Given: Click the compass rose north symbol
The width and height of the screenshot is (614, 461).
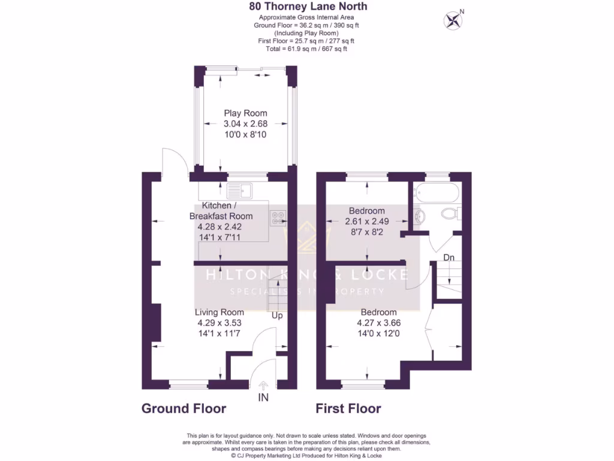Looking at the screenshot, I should tap(454, 21).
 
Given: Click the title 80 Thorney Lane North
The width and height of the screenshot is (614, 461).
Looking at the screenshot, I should tap(308, 7).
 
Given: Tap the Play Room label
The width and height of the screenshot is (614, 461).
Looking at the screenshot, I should tap(245, 113).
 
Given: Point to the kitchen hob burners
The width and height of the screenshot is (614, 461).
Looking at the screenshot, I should tap(279, 218).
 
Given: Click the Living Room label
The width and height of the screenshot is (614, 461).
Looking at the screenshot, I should tap(219, 312).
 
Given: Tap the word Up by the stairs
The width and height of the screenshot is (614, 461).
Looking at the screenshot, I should tap(277, 315).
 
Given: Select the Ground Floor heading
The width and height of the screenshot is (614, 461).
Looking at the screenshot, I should tap(183, 409).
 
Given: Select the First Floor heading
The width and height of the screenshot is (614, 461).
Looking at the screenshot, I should tap(348, 409).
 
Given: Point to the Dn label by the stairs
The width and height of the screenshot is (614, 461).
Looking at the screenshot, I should tap(449, 258).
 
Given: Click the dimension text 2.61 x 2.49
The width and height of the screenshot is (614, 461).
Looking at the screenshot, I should tap(366, 221).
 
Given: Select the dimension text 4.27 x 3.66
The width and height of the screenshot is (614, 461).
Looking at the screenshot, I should tap(378, 323).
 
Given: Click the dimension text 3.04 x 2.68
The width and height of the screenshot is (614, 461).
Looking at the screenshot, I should tap(245, 124).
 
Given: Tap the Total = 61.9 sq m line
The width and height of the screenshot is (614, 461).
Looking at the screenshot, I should tap(306, 49).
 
